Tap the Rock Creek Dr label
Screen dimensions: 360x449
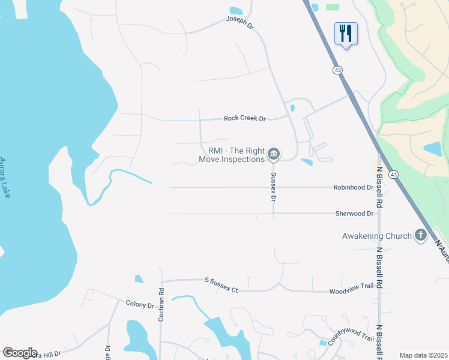[x=244, y=119]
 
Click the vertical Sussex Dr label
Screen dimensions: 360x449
[x=273, y=187]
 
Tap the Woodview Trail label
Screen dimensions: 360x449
[x=355, y=292]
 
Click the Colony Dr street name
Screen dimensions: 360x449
[x=140, y=305]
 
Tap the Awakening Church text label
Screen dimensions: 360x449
[x=376, y=236]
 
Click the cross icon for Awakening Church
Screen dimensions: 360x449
[x=421, y=235]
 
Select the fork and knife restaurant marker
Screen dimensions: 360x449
[x=345, y=33]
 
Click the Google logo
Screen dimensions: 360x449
[x=20, y=353]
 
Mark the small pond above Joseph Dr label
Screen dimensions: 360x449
[x=236, y=11]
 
